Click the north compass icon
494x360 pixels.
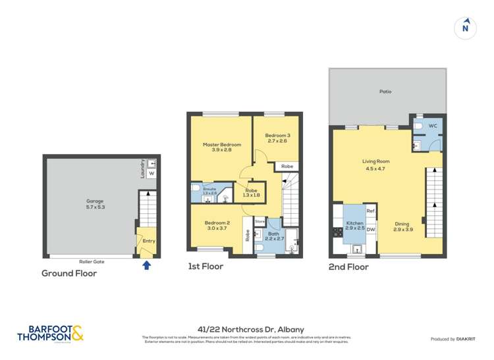[x=466, y=27]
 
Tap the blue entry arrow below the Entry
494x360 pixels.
[x=146, y=265]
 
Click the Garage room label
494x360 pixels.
[x=96, y=203]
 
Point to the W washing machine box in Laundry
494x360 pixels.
[x=151, y=174]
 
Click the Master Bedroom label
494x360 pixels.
[x=221, y=147]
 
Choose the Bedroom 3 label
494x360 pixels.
[x=278, y=138]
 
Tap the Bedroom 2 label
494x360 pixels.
[x=217, y=225]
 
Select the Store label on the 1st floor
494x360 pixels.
[x=260, y=221]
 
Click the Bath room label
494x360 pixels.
[x=273, y=235]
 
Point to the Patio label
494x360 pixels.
[x=385, y=91]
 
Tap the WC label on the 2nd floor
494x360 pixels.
[x=433, y=125]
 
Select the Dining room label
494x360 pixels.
[x=402, y=226]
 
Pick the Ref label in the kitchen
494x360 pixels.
[x=370, y=211]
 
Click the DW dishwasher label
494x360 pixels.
[x=371, y=230]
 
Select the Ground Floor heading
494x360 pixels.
[x=69, y=273]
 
